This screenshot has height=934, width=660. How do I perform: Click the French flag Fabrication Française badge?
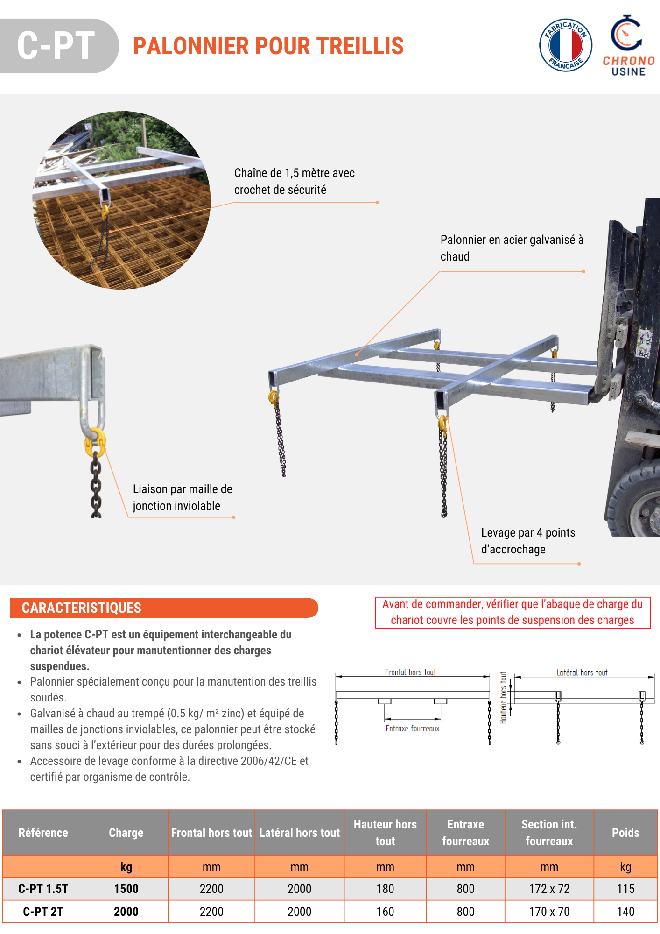point(566,46)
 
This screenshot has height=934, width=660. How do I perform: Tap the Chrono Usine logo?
point(628,46)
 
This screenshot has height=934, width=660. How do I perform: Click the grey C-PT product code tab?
point(56,46)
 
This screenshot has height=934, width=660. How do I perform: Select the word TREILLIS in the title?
point(360,46)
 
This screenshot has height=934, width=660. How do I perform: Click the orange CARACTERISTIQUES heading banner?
point(164,608)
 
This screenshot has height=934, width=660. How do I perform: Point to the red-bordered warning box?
point(513,612)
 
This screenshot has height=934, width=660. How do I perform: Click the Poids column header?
point(625,833)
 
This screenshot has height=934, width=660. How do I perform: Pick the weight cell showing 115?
point(625,889)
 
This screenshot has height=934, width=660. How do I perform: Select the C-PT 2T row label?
point(43,912)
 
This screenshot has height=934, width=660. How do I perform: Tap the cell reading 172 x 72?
point(549,889)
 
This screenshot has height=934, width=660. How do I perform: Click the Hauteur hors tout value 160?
point(385,912)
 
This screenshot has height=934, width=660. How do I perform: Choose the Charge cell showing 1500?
point(126,889)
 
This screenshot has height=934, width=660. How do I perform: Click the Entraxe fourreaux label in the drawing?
point(412,729)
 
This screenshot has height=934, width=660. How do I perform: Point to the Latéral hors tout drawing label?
point(582,672)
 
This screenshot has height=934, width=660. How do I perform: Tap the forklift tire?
point(639,504)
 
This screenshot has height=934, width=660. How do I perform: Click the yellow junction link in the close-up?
point(95,441)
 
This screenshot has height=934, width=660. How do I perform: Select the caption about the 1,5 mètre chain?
point(294,181)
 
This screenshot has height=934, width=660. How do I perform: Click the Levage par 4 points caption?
point(528,541)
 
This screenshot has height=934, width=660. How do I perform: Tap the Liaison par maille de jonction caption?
point(183,497)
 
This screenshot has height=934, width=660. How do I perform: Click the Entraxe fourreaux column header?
point(465,833)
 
